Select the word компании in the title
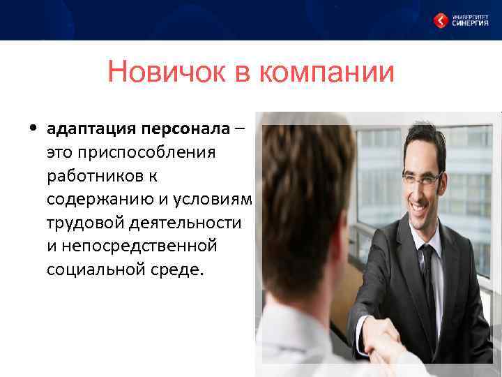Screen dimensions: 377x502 coord(326,73)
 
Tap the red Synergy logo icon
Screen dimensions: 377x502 coord(440,20)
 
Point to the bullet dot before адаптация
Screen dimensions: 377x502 coord(33,128)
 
